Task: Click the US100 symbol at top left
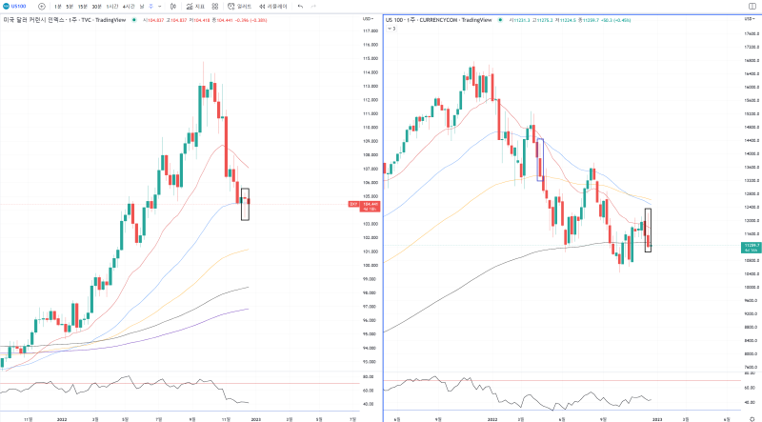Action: (x=16, y=6)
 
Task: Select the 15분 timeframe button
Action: (x=82, y=6)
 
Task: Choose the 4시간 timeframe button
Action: (x=129, y=6)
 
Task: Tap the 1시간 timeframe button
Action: (x=112, y=6)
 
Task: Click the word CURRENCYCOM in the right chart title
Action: (x=440, y=19)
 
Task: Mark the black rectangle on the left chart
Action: (x=245, y=204)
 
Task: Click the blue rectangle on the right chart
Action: (x=541, y=159)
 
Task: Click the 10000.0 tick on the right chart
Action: (x=750, y=287)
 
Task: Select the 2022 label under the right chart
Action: (x=492, y=417)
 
